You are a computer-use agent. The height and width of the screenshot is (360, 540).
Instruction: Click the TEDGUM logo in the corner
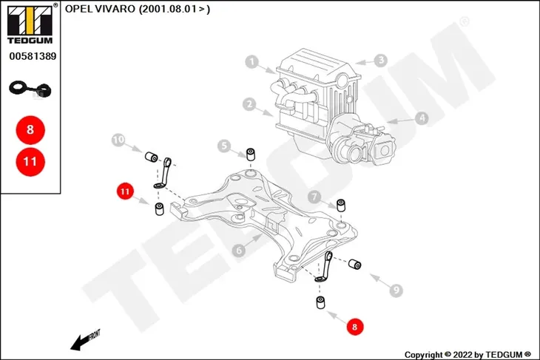click(30, 24)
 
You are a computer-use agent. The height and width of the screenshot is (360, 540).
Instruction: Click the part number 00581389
click(33, 56)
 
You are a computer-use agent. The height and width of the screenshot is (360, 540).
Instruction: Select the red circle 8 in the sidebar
click(30, 130)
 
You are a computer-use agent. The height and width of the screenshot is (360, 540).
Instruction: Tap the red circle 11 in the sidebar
click(30, 161)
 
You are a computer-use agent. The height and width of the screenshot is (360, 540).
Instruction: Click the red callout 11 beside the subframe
click(125, 191)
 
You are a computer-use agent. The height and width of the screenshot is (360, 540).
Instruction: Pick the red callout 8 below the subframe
click(355, 326)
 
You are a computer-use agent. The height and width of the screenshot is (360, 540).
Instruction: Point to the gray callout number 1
click(252, 62)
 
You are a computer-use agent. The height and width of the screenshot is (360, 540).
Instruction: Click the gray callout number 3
click(381, 60)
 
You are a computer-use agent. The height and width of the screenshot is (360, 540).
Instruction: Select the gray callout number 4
click(422, 118)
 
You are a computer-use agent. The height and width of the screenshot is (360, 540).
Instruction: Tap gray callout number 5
click(224, 146)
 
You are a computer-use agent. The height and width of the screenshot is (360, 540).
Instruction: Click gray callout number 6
click(239, 250)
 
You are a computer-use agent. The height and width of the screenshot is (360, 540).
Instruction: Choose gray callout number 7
click(314, 197)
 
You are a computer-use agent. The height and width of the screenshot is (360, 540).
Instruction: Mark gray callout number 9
click(396, 290)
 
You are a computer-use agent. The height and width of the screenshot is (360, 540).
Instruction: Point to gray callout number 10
click(118, 140)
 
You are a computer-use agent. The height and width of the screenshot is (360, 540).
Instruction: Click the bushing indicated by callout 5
click(250, 154)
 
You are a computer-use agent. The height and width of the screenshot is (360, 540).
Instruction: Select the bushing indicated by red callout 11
click(159, 209)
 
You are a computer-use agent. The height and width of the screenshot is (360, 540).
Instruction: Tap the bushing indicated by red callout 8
click(320, 302)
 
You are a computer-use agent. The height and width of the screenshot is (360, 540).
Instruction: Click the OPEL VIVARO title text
click(138, 9)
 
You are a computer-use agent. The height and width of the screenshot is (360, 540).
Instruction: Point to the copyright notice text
click(468, 355)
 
